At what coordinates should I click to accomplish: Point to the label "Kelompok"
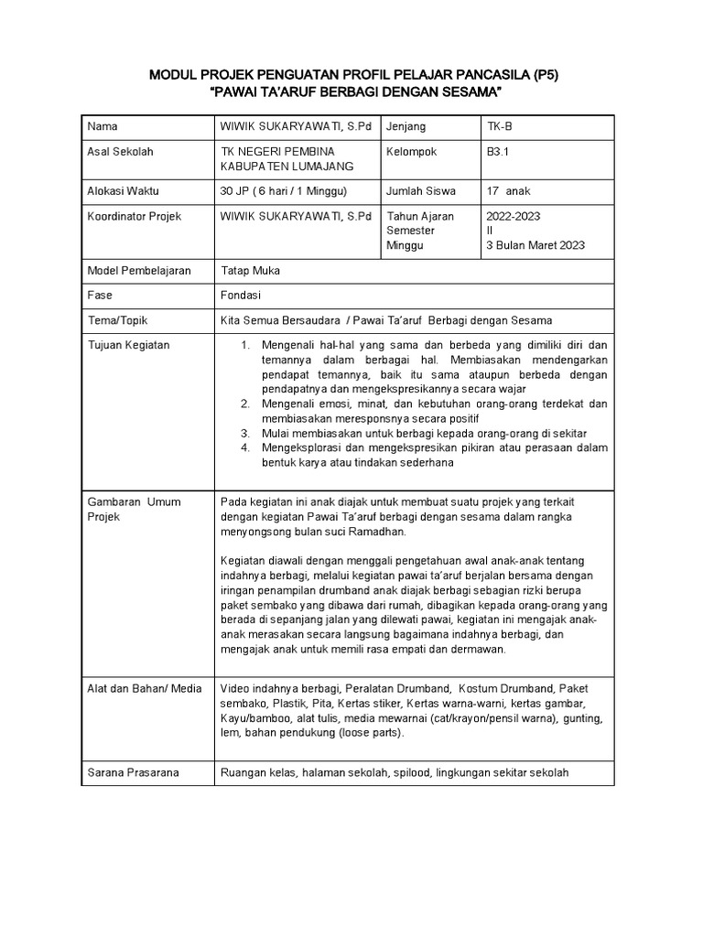coord(412,151)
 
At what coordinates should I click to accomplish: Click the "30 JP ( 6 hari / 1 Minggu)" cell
coord(285,191)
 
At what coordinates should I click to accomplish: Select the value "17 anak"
coord(508,191)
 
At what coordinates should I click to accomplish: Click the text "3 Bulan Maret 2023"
coord(535,245)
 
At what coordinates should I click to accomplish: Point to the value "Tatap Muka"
coord(251,271)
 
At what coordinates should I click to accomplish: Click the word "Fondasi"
coord(242,296)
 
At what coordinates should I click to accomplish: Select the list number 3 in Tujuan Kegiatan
coord(245,433)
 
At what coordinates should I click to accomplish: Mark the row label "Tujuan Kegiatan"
coord(128,345)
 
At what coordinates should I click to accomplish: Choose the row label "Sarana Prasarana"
coord(133,772)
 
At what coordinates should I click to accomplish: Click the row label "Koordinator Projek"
coord(134,217)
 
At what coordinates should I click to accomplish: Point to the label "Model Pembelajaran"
coord(139,271)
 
